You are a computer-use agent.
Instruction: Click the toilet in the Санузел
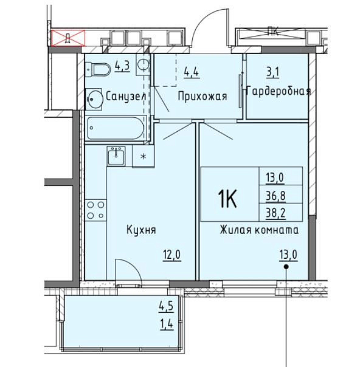(98, 69)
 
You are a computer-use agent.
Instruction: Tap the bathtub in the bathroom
(116, 128)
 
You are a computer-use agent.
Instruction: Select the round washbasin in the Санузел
(94, 99)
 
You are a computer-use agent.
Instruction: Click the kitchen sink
(116, 156)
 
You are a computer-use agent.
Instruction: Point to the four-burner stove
(95, 210)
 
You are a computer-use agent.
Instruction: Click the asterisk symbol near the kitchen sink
(144, 156)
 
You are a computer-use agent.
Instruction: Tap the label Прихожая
(202, 96)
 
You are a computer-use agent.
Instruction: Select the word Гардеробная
(279, 91)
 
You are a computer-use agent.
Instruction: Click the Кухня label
(141, 230)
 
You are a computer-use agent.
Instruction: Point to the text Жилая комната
(259, 230)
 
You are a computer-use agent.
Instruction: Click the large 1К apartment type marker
(227, 198)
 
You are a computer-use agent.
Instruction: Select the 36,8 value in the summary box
(275, 196)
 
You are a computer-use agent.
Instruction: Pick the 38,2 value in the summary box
(275, 213)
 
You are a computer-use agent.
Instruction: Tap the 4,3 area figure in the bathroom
(122, 66)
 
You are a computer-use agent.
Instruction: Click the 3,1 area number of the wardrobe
(273, 72)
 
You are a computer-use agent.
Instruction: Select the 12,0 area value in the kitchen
(172, 255)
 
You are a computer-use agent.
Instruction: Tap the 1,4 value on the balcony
(167, 324)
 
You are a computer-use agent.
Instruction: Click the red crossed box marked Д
(68, 38)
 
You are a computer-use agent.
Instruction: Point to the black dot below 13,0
(286, 267)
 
